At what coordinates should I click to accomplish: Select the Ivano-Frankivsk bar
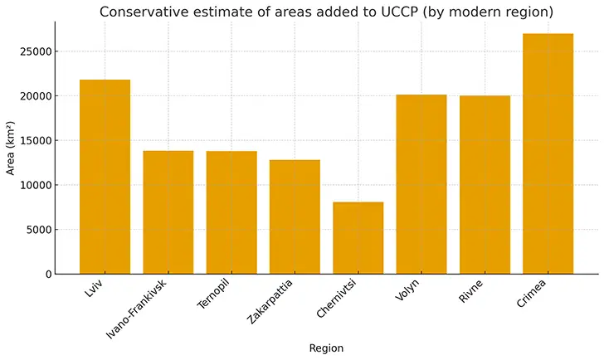[x=168, y=212]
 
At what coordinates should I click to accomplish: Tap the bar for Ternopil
[x=231, y=212]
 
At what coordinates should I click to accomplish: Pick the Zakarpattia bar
[x=295, y=216]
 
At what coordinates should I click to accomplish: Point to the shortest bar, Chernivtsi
[x=358, y=238]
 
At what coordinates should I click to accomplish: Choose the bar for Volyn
[x=421, y=184]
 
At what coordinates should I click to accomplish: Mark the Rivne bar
[x=485, y=185]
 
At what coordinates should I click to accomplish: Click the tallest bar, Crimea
[x=548, y=153]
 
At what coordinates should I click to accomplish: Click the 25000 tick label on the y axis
[x=37, y=51]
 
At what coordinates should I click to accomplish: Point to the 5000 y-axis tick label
[x=40, y=230]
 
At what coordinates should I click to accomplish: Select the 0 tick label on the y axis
[x=50, y=275]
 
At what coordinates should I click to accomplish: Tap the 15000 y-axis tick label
[x=37, y=141]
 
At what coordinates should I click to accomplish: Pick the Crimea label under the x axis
[x=532, y=293]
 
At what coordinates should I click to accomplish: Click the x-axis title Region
[x=326, y=348]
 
